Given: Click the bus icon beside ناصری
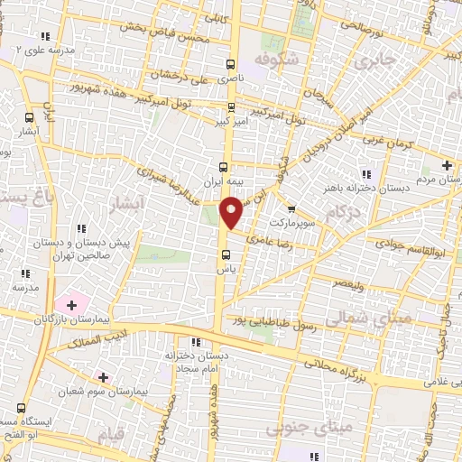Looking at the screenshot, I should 231,65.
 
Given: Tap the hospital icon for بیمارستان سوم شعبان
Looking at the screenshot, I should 103,377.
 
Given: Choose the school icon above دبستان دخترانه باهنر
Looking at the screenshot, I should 366,173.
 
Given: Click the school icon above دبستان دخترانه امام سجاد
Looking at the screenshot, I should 195,342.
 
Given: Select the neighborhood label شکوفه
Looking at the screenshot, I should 276,60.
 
